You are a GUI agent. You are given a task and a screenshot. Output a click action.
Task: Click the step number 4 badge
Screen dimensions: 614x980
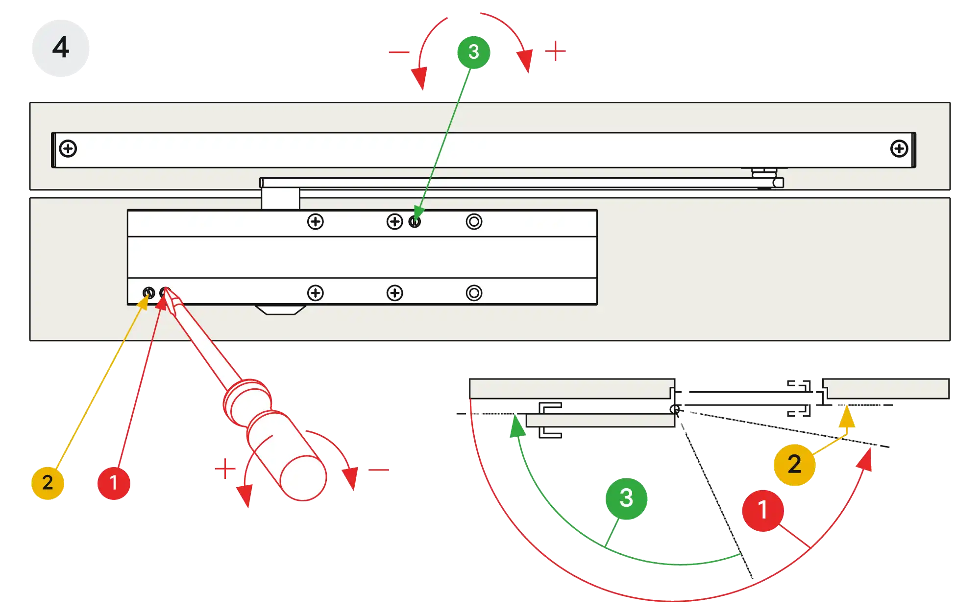coord(61,48)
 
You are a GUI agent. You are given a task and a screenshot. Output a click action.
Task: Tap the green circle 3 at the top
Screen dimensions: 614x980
coord(473,52)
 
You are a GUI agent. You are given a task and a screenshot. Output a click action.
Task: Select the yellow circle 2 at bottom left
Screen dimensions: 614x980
coord(48,482)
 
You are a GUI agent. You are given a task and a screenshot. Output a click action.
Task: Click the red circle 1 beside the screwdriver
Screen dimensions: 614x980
coord(114,483)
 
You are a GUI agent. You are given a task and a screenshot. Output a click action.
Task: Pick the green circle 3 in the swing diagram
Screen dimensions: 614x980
coord(626,498)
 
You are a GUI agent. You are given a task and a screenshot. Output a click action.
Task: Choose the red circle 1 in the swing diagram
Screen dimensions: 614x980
coord(762,510)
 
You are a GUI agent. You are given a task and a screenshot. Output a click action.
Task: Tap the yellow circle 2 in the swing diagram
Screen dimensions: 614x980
coord(794,464)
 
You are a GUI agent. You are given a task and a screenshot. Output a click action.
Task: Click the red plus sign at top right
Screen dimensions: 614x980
coord(556,51)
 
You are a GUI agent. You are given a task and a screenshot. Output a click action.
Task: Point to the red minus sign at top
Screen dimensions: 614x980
coord(399,52)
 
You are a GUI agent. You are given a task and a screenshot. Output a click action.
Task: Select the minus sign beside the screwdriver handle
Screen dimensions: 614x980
coord(380,470)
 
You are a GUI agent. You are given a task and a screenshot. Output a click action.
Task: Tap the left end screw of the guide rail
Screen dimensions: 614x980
coord(68,148)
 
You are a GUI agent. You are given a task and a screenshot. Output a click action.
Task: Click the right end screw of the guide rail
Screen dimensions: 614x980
coord(899,148)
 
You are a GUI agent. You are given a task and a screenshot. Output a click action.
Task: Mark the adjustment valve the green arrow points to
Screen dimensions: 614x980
coord(415,222)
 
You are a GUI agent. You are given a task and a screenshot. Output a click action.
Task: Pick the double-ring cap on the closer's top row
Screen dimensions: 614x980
coord(474,222)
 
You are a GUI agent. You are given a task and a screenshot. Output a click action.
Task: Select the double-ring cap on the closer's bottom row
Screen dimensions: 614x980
coord(474,293)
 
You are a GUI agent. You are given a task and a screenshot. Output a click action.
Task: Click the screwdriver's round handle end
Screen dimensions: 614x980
coord(303,478)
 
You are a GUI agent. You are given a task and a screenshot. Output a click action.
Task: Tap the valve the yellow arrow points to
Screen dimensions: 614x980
coord(148,293)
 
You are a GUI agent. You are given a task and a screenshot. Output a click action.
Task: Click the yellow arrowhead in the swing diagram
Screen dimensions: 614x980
coord(847,419)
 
